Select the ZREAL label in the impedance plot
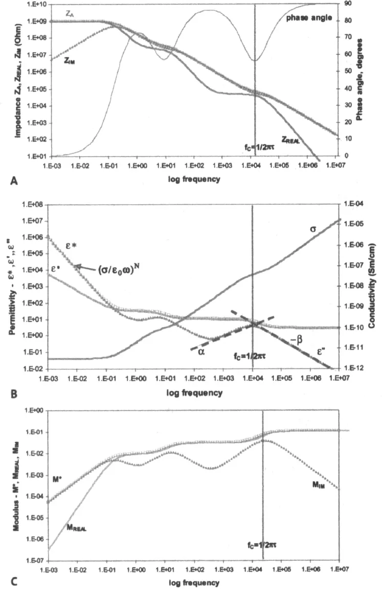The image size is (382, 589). [291, 138]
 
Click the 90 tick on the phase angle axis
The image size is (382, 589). [348, 4]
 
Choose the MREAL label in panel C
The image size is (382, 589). [76, 527]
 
